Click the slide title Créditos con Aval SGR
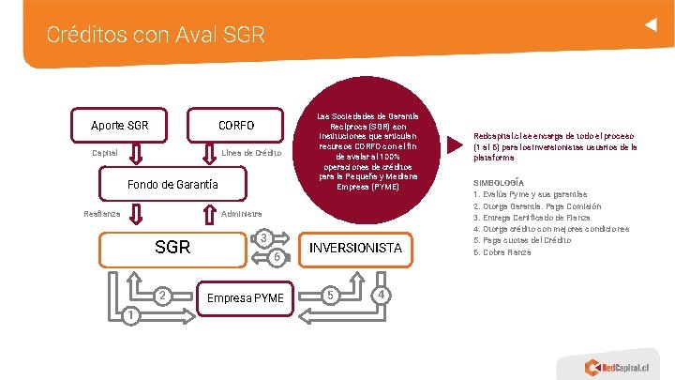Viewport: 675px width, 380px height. [156, 36]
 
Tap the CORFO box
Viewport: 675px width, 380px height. [236, 125]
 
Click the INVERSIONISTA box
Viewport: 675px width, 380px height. [355, 248]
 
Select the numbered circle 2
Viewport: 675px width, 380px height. [162, 296]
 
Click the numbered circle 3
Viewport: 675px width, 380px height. [264, 237]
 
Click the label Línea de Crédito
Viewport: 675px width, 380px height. [250, 153]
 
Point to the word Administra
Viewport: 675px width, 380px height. [242, 214]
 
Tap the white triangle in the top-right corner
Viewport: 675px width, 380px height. [648, 25]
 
